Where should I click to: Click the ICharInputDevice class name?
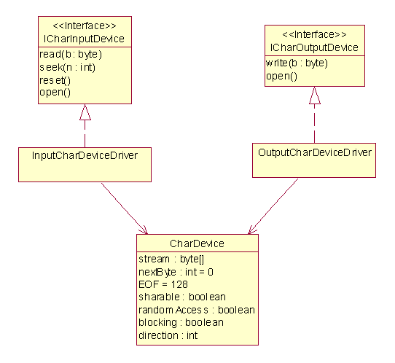tap(84, 39)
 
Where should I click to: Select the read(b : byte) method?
tap(71, 55)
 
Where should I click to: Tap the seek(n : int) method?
tap(68, 67)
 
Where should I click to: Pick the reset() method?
tap(55, 80)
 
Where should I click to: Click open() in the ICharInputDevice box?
tap(55, 93)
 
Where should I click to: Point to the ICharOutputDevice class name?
tap(314, 47)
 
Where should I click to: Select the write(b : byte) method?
tap(297, 63)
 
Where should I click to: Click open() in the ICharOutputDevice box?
tap(282, 76)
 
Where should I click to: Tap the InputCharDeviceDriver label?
tap(85, 155)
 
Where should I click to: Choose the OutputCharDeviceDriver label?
tap(315, 152)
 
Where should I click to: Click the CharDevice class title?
tap(197, 243)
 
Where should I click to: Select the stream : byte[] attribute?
tap(171, 259)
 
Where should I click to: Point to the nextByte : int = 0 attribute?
tap(176, 272)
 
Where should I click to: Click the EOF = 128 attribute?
tap(163, 285)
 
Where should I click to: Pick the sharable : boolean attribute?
tap(182, 297)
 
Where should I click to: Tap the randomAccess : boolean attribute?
tap(197, 310)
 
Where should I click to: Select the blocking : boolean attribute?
tap(181, 323)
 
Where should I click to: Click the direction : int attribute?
tap(168, 335)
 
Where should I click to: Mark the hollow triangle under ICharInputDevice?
tap(85, 112)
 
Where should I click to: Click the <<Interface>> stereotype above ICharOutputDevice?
tap(314, 34)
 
